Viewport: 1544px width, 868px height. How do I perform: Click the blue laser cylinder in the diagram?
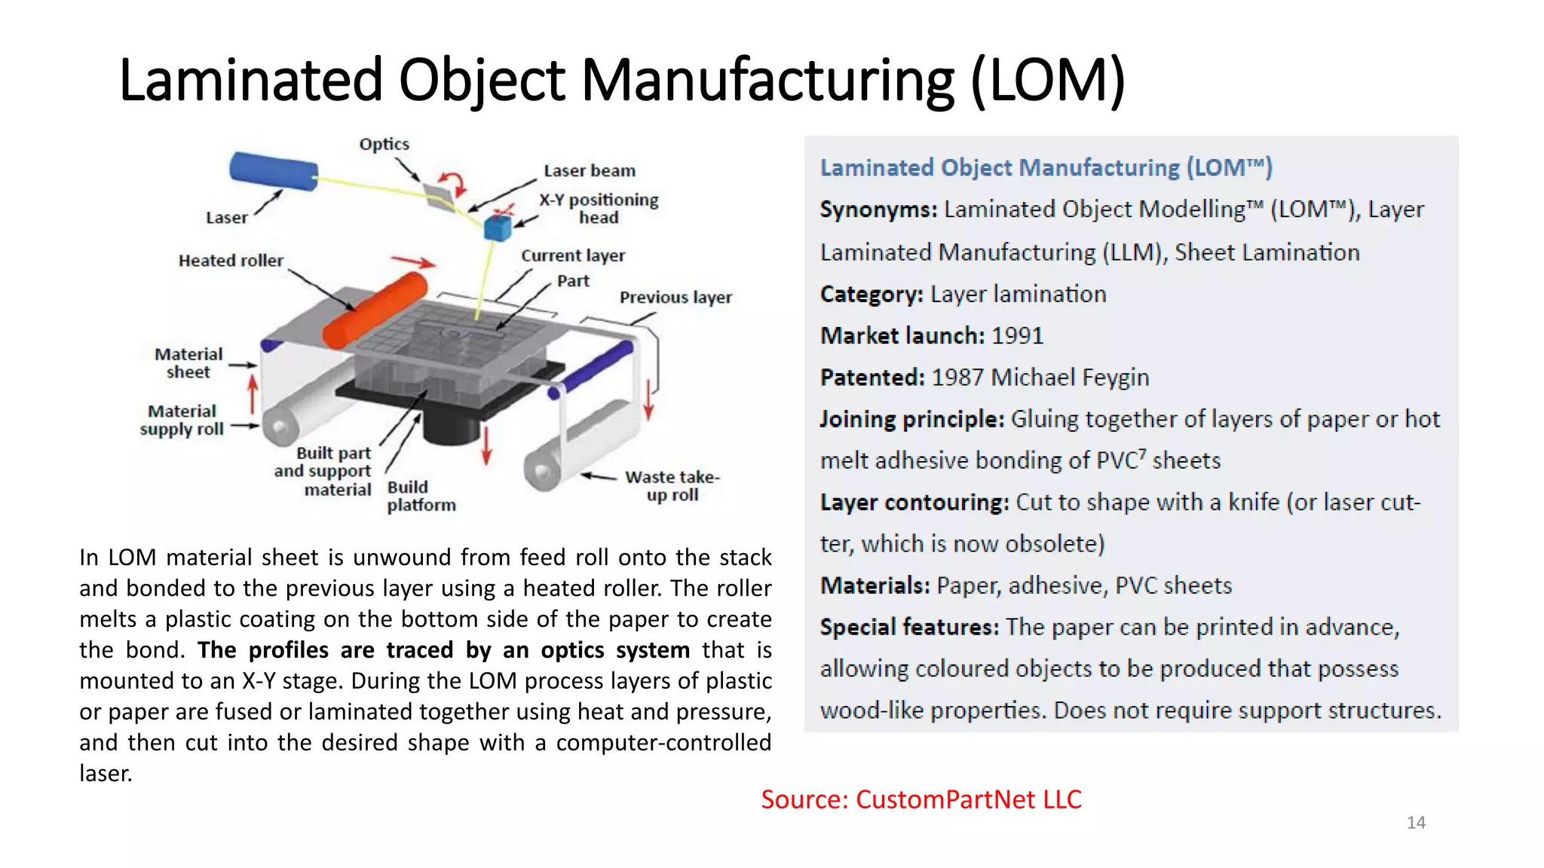(x=273, y=172)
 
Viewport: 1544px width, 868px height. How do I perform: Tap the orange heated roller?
(x=375, y=310)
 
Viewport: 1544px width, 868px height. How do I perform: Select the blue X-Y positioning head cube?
(x=497, y=227)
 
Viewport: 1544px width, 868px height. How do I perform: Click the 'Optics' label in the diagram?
(x=384, y=144)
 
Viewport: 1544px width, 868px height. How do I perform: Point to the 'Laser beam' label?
(x=590, y=171)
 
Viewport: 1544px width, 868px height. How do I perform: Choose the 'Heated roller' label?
(x=231, y=261)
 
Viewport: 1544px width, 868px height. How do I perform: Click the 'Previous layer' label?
(x=675, y=298)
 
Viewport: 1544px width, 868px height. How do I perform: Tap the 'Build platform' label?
(x=421, y=496)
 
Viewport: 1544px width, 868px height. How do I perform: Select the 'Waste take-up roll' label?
(x=672, y=486)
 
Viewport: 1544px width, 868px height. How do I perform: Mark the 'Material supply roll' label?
(x=182, y=420)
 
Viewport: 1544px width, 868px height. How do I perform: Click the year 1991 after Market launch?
(x=1017, y=336)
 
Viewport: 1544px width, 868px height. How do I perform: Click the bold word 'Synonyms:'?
(x=878, y=209)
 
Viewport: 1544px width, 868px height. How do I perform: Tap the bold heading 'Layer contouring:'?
(x=914, y=503)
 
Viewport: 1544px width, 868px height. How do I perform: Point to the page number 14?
(x=1416, y=823)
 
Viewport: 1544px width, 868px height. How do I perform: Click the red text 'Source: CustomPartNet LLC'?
(x=921, y=799)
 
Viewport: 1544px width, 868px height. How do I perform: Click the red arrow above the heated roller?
(x=413, y=261)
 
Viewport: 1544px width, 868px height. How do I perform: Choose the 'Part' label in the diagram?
(x=573, y=281)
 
